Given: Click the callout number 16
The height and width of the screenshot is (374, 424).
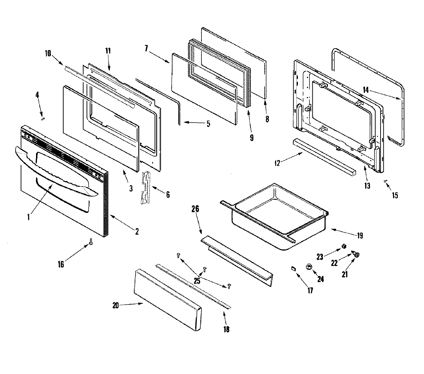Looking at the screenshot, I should (61, 264).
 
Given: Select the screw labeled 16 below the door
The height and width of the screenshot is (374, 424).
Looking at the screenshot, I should (91, 242).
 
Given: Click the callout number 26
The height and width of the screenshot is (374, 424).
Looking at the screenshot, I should (195, 209).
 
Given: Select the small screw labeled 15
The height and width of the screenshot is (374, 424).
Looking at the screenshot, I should (386, 181).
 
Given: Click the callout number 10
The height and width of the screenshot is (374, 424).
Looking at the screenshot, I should (48, 53).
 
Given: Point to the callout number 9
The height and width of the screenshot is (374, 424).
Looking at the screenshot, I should (252, 138).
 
